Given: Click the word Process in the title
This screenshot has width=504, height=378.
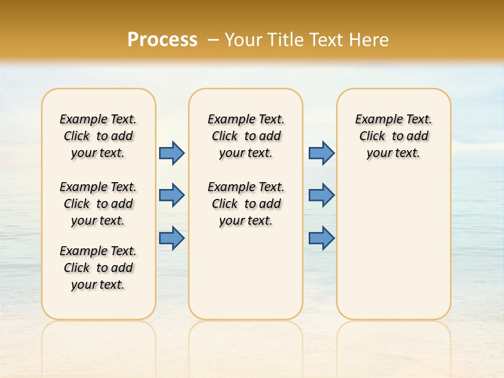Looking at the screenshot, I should click(162, 39).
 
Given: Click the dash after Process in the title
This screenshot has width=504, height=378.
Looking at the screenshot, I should click(213, 40).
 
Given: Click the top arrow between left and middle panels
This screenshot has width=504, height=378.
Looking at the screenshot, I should click(172, 153).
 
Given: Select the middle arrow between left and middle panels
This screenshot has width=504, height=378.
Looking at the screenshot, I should click(172, 195).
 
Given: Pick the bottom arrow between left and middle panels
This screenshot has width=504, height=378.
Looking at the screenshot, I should click(172, 238).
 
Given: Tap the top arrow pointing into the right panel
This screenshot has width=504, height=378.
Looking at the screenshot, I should click(321, 153).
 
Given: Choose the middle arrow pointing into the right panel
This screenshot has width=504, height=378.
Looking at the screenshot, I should click(321, 195).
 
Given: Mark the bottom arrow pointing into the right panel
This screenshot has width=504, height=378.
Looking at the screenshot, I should click(321, 238).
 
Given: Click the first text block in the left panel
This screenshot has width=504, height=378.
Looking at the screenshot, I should click(98, 136).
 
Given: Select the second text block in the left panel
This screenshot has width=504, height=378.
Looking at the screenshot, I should click(98, 204).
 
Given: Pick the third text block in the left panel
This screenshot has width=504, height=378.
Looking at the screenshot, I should click(98, 268).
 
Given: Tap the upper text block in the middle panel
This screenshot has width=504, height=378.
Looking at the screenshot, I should click(246, 136).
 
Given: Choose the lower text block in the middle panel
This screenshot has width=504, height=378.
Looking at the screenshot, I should click(246, 204).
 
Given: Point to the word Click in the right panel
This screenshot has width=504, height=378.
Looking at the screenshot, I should click(372, 136).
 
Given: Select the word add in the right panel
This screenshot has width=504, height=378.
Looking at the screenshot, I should click(417, 136).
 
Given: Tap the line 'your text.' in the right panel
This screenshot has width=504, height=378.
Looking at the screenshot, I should click(393, 153).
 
